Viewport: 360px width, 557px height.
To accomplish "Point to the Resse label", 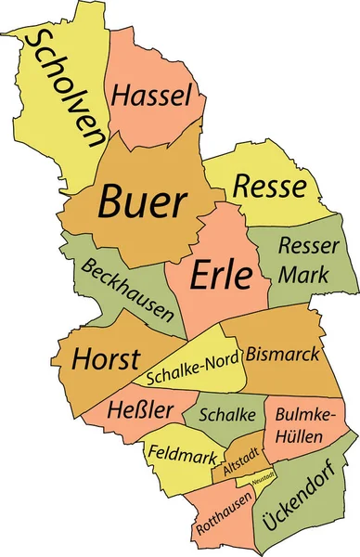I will (x=269, y=186).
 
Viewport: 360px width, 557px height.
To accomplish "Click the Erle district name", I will (x=222, y=274).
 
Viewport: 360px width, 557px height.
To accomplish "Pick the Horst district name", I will (x=106, y=359).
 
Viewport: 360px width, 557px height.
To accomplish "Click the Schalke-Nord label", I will (x=193, y=367).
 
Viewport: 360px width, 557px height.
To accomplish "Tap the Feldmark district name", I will (x=183, y=457).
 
